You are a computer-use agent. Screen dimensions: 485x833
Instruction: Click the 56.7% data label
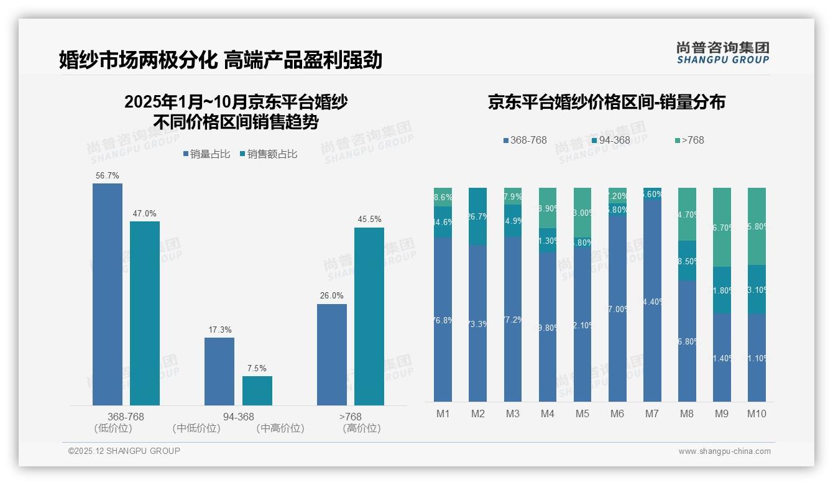(107, 176)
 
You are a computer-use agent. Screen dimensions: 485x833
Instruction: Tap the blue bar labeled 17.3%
(219, 371)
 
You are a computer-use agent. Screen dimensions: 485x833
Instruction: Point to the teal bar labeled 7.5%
(257, 390)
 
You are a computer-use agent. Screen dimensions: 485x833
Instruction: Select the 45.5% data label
(369, 219)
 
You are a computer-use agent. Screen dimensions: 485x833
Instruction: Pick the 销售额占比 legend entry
(268, 154)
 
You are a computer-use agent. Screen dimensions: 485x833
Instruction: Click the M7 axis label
(652, 414)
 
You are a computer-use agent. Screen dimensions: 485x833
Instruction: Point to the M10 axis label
(757, 414)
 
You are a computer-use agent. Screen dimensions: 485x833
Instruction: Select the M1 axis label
(443, 414)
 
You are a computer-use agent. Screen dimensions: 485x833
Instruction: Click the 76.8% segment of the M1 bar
(443, 320)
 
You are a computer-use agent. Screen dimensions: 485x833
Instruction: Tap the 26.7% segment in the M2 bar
(478, 216)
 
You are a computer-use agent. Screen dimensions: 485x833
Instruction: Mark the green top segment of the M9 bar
(722, 227)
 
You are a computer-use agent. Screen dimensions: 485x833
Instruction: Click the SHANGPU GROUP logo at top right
(722, 52)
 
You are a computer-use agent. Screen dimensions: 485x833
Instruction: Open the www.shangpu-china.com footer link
(724, 451)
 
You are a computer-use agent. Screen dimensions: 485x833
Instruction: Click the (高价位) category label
(362, 428)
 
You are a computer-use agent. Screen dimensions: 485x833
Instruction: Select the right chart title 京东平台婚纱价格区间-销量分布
(606, 103)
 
